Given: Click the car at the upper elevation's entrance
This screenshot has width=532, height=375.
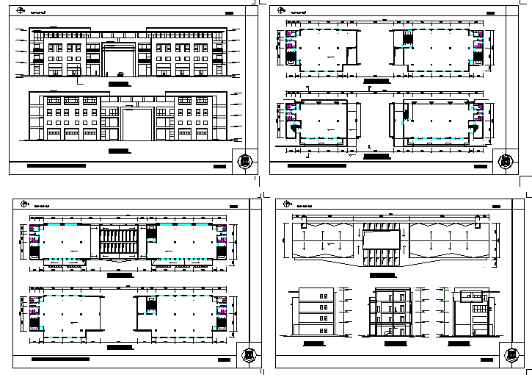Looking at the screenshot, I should coord(118,73).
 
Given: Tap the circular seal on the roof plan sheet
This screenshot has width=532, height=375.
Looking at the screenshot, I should coord(507,355).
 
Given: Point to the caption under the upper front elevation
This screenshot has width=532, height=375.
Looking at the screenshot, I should coord(118,85).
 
